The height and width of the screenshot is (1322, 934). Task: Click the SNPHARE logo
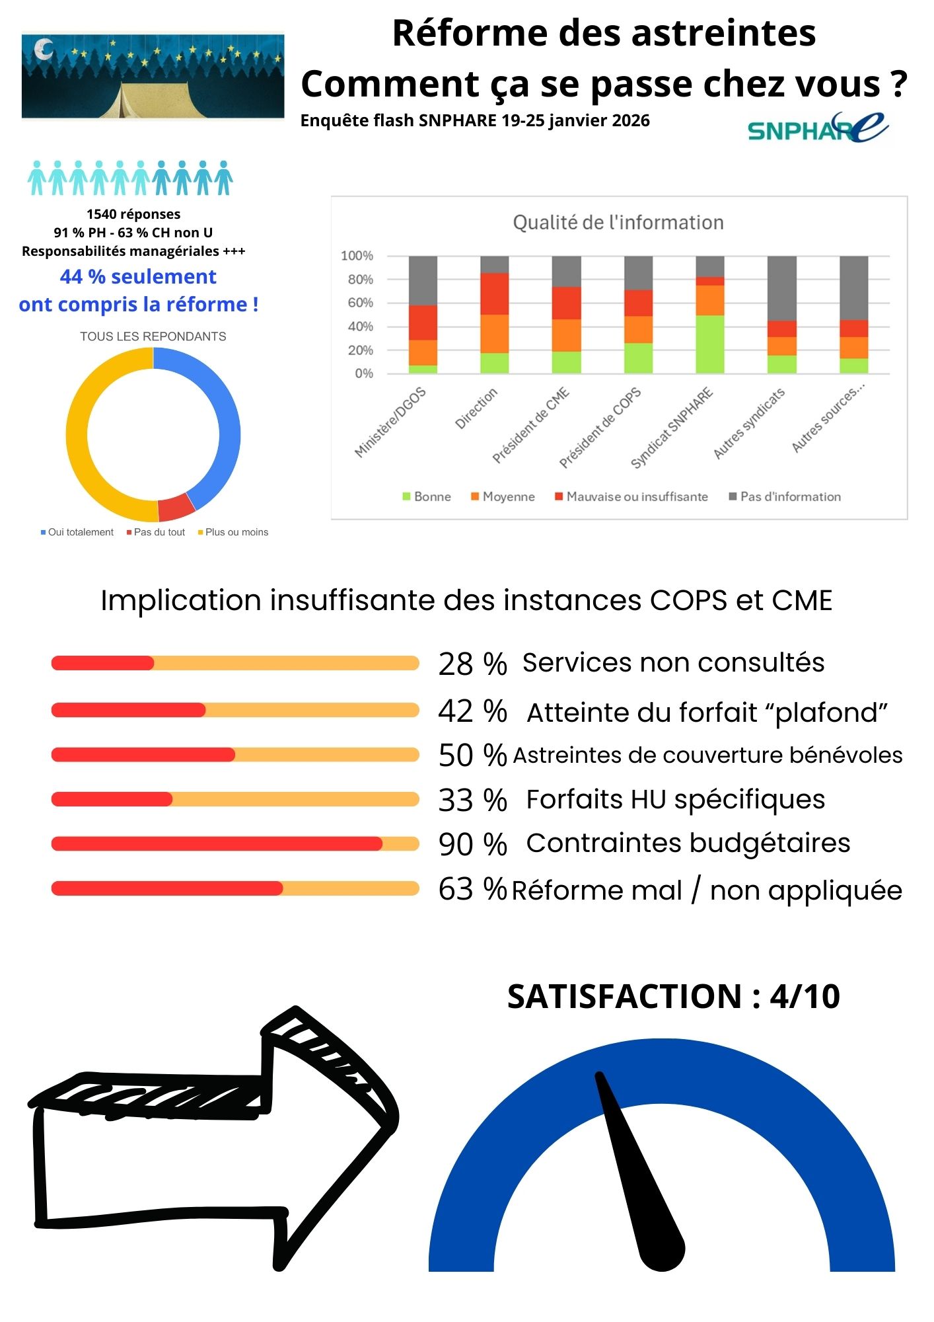pos(818,128)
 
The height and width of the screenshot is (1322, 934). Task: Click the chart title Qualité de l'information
pos(618,223)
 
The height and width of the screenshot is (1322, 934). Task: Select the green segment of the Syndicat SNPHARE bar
pos(710,344)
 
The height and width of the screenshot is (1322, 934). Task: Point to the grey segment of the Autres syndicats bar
pos(781,288)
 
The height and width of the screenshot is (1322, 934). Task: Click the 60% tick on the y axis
pos(357,303)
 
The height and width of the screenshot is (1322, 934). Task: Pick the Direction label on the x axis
pos(476,408)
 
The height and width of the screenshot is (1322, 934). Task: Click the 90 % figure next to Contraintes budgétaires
pos(472,844)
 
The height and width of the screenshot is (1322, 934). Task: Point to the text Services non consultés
pos(673,662)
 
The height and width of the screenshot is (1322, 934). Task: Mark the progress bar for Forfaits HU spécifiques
pos(235,799)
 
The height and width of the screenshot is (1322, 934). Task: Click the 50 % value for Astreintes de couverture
pos(472,755)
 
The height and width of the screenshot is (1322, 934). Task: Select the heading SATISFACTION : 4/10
pos(673,997)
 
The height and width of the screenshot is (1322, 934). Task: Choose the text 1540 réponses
pos(133,214)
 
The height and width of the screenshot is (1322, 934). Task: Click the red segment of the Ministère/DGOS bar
pos(423,323)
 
